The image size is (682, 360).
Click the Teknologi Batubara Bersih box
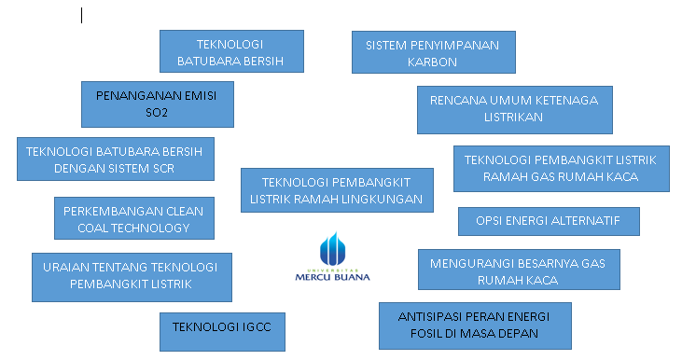pyautogui.click(x=231, y=51)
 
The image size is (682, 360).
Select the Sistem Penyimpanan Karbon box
pyautogui.click(x=434, y=52)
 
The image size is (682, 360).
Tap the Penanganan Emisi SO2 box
pyautogui.click(x=158, y=104)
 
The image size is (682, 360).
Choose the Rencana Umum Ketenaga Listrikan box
pyautogui.click(x=515, y=109)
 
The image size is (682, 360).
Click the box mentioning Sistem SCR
pyautogui.click(x=116, y=159)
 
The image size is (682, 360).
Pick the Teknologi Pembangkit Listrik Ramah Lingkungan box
pyautogui.click(x=337, y=190)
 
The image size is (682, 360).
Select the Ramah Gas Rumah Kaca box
pyautogui.click(x=561, y=169)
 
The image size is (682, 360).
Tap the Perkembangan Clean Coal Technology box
pyautogui.click(x=134, y=218)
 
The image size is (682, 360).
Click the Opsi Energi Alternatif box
pyautogui.click(x=549, y=221)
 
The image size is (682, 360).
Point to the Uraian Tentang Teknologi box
pyautogui.click(x=132, y=277)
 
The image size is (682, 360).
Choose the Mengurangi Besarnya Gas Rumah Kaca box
pyautogui.click(x=519, y=270)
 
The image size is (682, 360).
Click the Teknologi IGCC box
pyautogui.click(x=222, y=331)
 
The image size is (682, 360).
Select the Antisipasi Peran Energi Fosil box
pyautogui.click(x=475, y=325)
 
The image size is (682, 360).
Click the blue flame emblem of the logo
pyautogui.click(x=333, y=249)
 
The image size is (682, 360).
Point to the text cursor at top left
pyautogui.click(x=82, y=16)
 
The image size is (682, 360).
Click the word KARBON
pyautogui.click(x=432, y=62)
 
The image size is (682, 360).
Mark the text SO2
pyautogui.click(x=157, y=113)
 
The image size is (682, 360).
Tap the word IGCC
pyautogui.click(x=257, y=327)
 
